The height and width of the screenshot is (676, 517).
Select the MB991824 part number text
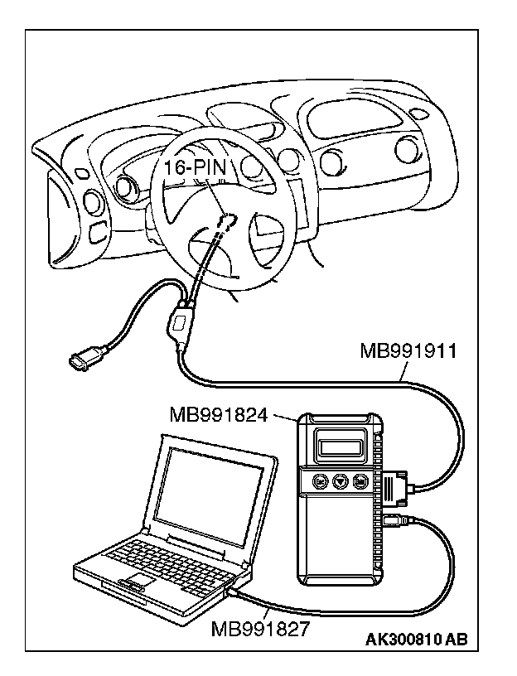tap(218, 413)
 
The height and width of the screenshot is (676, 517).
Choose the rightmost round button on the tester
tap(360, 481)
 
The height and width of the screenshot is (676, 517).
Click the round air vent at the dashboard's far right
tap(407, 149)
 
